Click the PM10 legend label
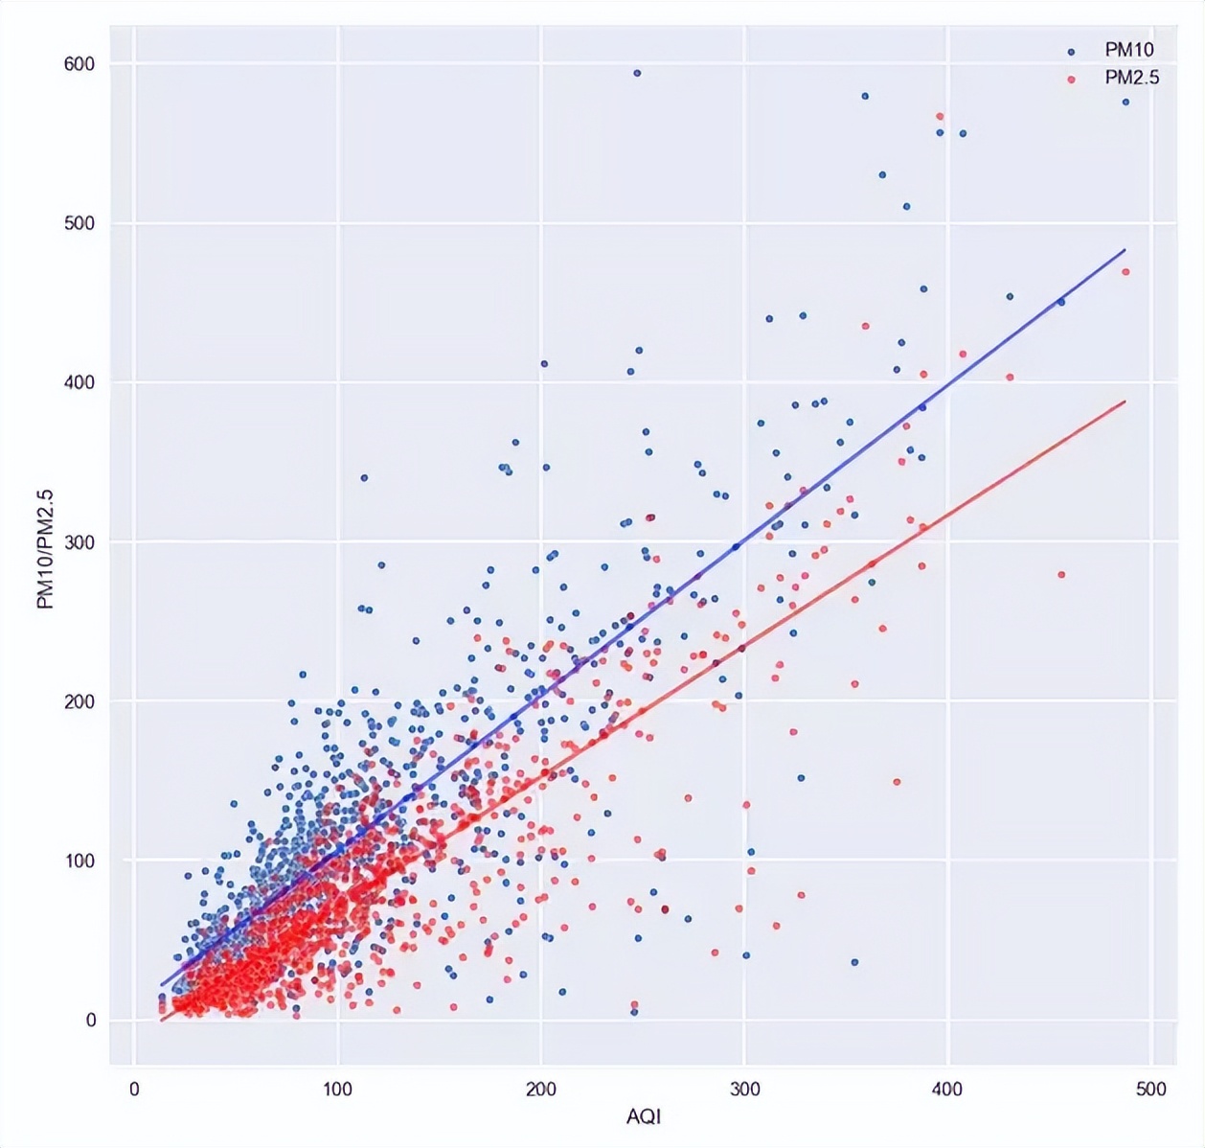click(1129, 50)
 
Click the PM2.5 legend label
click(1132, 78)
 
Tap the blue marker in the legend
click(1071, 52)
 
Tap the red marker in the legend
click(1071, 79)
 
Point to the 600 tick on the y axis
click(80, 64)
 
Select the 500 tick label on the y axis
click(80, 223)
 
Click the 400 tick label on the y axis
click(80, 382)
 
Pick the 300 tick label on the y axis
click(80, 542)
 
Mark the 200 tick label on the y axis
click(80, 701)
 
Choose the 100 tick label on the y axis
click(80, 861)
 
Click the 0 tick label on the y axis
click(91, 1021)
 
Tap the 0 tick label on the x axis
click(134, 1090)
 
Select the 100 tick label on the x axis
click(337, 1090)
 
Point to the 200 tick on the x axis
click(541, 1090)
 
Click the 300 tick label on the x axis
click(744, 1090)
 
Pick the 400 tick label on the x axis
click(947, 1090)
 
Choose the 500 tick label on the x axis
click(1150, 1090)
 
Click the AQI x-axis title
click(644, 1117)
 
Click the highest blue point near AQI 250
click(637, 73)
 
